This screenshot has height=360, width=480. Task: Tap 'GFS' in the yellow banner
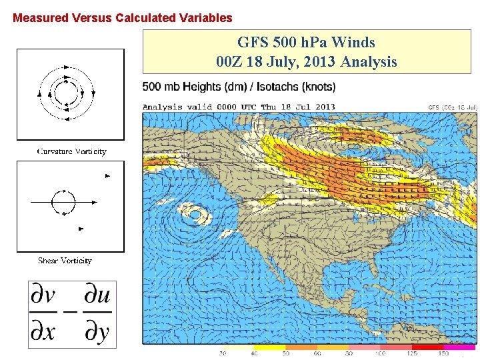pos(251,43)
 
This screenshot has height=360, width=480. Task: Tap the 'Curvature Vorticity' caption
pos(71,151)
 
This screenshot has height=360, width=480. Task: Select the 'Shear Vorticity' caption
pos(65,261)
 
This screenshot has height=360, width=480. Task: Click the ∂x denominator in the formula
pos(44,331)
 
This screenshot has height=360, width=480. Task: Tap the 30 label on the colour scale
pos(222,354)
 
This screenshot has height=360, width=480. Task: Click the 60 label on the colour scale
pos(317,354)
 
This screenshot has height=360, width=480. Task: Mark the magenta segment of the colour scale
pos(460,347)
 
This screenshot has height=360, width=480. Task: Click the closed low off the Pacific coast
pos(195,214)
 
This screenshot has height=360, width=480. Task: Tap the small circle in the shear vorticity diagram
pos(65,201)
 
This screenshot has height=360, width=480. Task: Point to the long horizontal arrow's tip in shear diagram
pos(97,201)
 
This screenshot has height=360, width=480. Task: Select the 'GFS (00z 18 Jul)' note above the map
pos(453,107)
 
